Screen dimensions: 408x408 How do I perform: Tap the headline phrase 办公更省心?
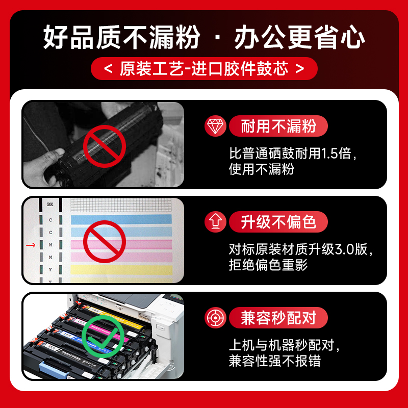pyautogui.click(x=299, y=39)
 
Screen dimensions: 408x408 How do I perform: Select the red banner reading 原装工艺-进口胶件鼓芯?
pyautogui.click(x=204, y=69)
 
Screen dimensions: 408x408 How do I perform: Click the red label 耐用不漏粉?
pyautogui.click(x=278, y=126)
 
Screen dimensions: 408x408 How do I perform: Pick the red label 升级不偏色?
pyautogui.click(x=278, y=222)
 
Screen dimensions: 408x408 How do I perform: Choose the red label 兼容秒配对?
pyautogui.click(x=278, y=318)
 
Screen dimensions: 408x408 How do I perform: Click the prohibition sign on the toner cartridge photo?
pyautogui.click(x=104, y=146)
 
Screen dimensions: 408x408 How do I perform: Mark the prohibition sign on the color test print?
pyautogui.click(x=104, y=242)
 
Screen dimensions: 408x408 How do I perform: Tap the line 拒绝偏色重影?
pyautogui.click(x=268, y=265)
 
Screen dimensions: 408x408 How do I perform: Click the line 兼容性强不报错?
pyautogui.click(x=275, y=361)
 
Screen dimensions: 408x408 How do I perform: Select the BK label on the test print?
pyautogui.click(x=50, y=205)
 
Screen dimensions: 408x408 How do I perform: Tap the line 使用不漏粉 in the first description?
pyautogui.click(x=261, y=169)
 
